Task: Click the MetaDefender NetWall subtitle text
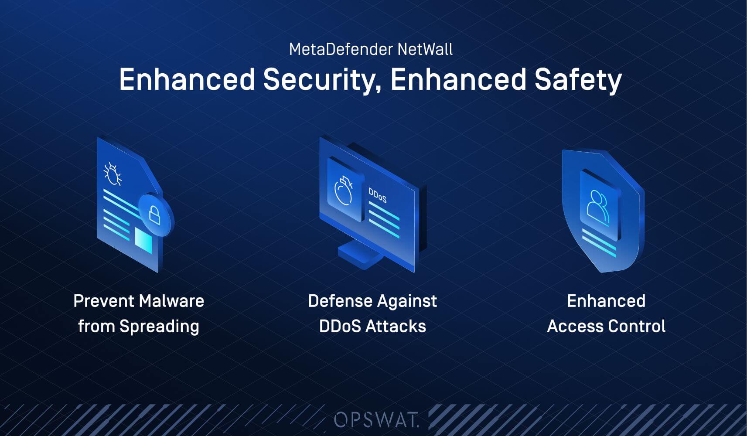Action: [x=371, y=49]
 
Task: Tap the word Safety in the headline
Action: [x=578, y=80]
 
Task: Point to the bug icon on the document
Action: [x=113, y=174]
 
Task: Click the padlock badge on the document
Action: [x=155, y=215]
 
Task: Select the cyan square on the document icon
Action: [x=143, y=240]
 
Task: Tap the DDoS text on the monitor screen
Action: [x=378, y=195]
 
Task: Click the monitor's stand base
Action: [x=360, y=255]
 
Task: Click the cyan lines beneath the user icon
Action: [x=599, y=242]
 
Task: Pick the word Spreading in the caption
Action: [x=159, y=327]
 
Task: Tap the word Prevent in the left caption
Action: [x=103, y=301]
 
